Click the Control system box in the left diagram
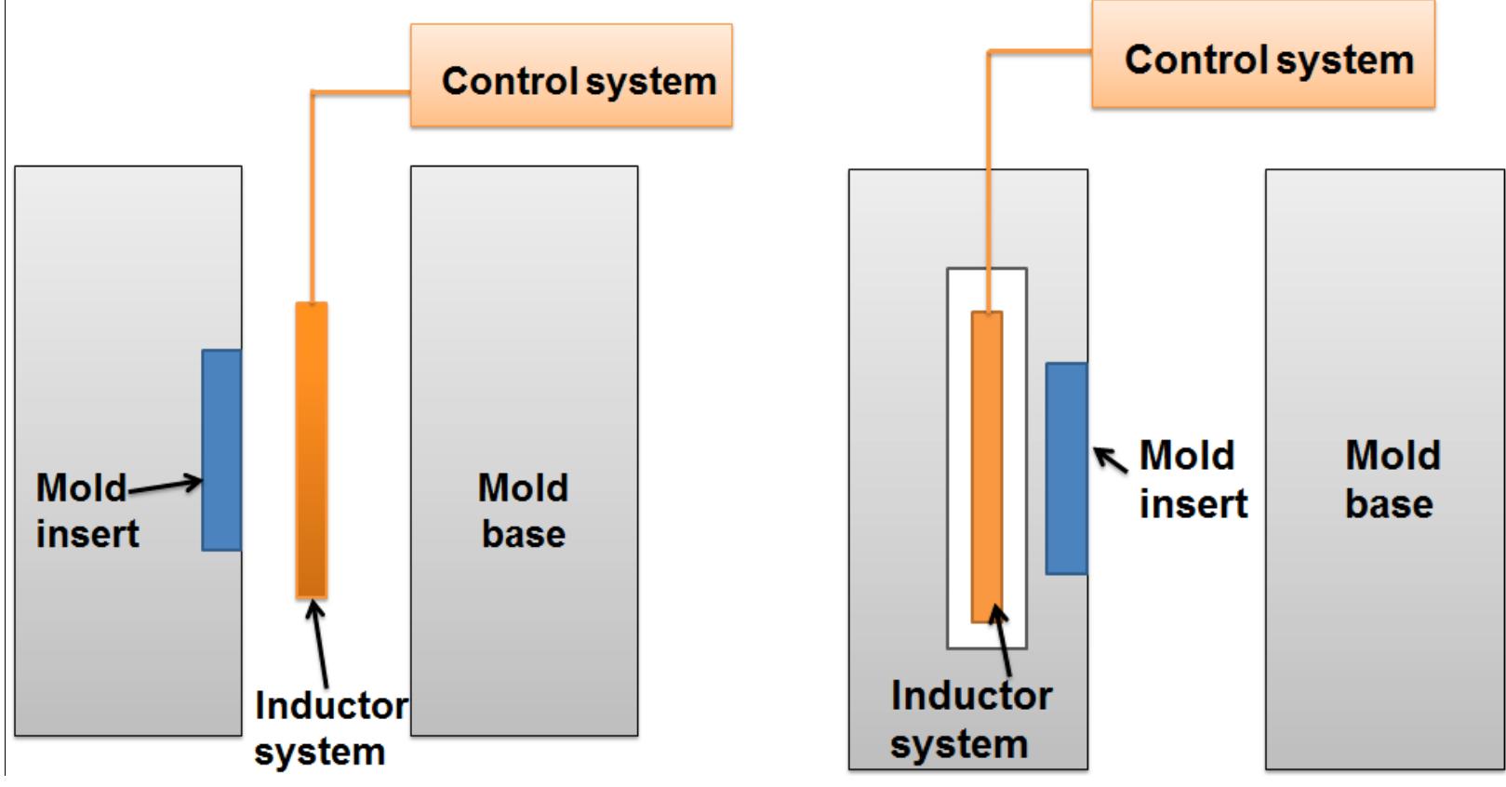[x=570, y=76]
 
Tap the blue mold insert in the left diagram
[x=221, y=449]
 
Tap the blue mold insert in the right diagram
[x=1065, y=468]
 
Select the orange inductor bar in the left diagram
[x=312, y=449]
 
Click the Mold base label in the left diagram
[x=523, y=511]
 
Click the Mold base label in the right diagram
[x=1392, y=479]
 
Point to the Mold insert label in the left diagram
[x=86, y=511]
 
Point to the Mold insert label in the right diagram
[x=1193, y=479]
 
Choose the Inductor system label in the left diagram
[x=329, y=728]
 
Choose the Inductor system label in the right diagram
[x=969, y=719]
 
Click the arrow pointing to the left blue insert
[x=164, y=484]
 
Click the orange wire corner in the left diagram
[x=313, y=92]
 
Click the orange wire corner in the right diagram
[x=988, y=52]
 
